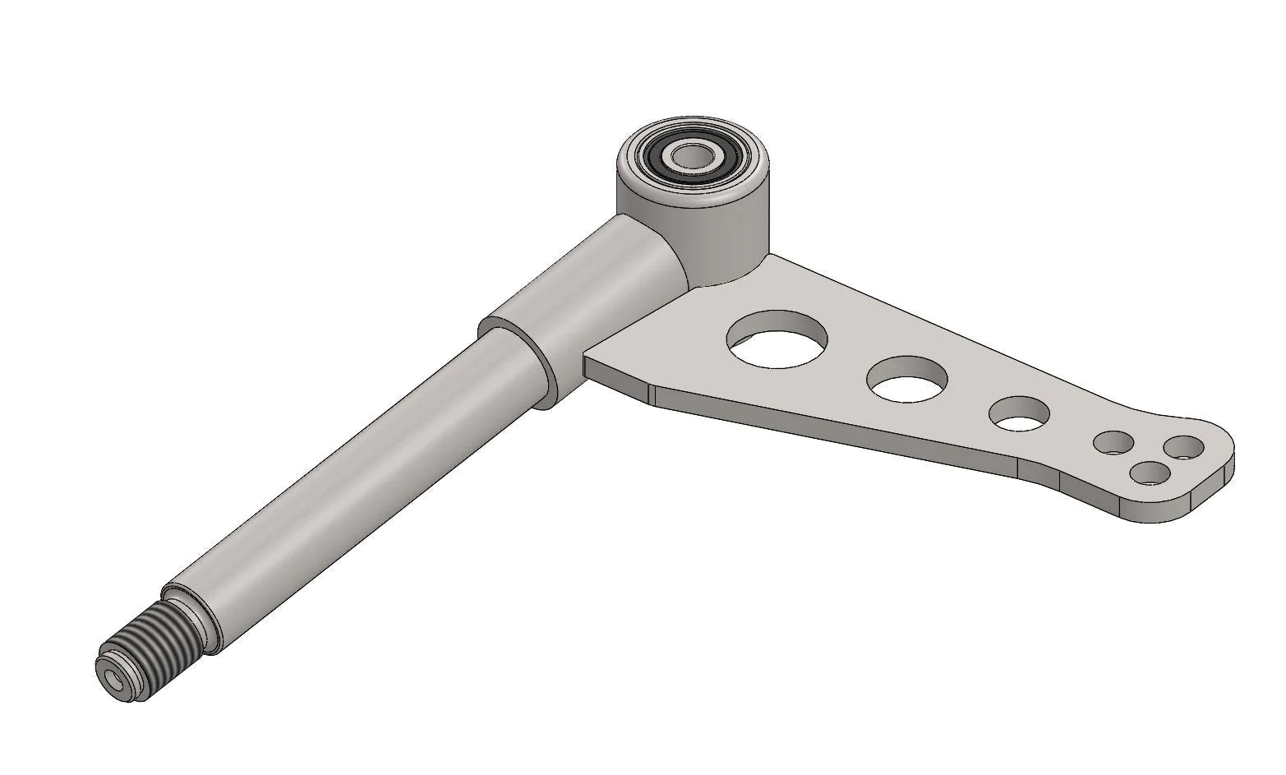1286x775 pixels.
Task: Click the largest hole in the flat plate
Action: tap(778, 338)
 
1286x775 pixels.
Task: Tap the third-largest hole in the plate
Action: tap(1021, 413)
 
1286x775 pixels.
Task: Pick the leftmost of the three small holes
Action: tap(1113, 444)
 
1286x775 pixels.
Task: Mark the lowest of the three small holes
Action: tap(1150, 473)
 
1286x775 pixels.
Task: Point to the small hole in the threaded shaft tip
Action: tap(112, 679)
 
